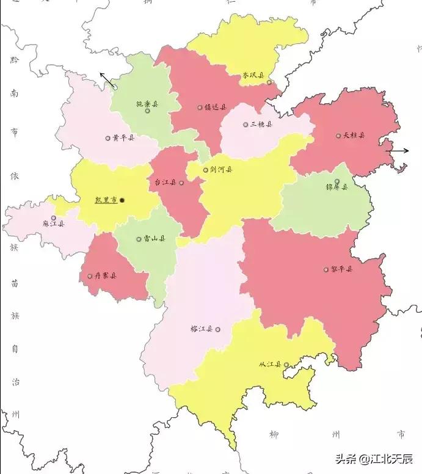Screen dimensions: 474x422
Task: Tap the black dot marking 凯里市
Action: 122,200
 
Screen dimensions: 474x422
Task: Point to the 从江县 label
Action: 269,365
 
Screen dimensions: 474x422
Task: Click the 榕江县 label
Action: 202,329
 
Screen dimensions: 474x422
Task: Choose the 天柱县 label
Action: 354,135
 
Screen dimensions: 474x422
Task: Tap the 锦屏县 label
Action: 337,187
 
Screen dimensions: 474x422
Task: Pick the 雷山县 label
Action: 155,239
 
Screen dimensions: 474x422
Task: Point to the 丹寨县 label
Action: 106,275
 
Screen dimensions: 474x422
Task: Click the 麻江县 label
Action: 53,224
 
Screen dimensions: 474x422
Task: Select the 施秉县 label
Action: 147,104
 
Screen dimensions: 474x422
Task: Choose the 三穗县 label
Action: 261,124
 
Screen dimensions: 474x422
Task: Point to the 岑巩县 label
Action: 253,76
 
